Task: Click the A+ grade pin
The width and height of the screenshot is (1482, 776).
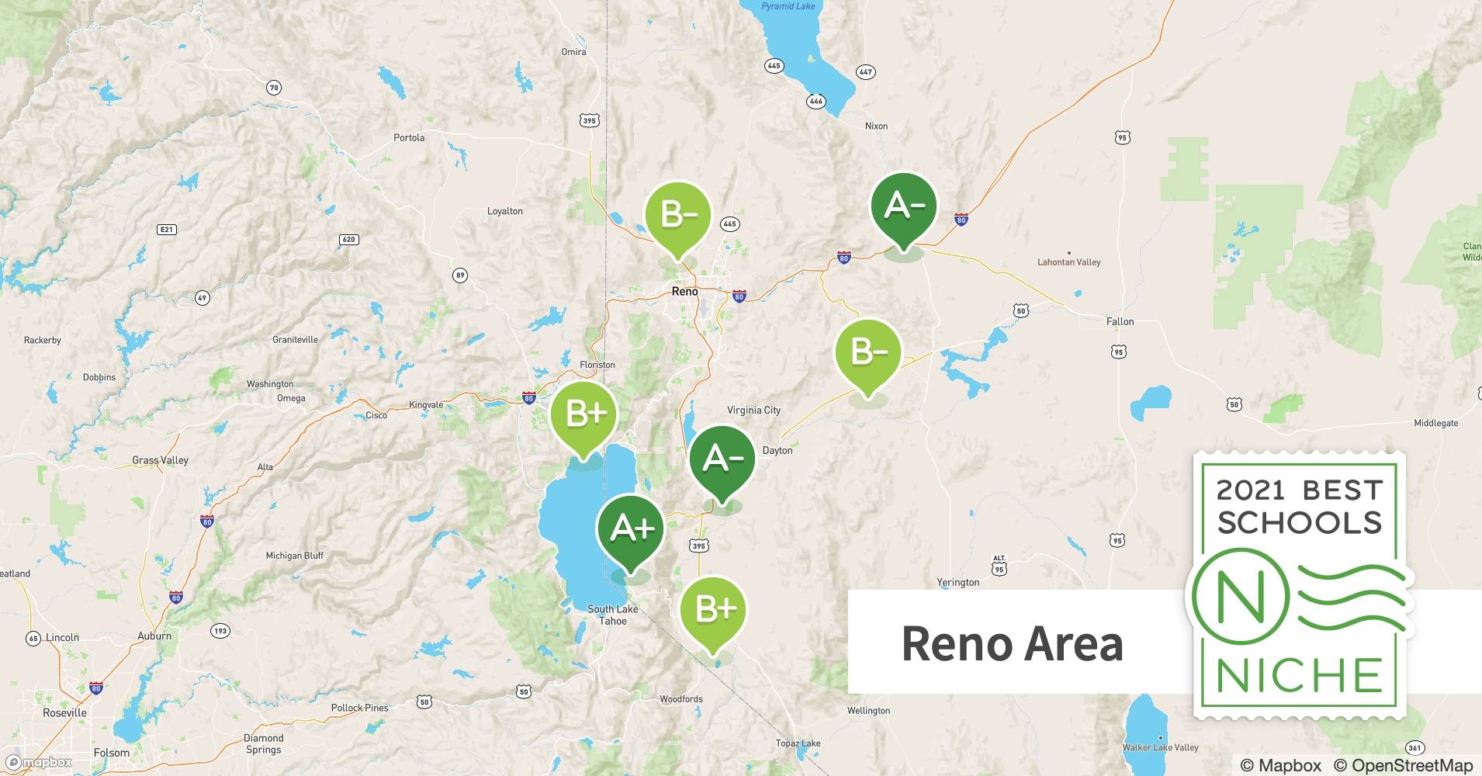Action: (x=631, y=529)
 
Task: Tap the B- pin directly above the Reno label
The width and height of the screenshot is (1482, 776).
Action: (x=677, y=214)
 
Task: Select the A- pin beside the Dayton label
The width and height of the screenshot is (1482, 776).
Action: (x=722, y=459)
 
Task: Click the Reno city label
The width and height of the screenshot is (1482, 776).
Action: (x=684, y=292)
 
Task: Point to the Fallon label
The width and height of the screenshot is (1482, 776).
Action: (x=1120, y=321)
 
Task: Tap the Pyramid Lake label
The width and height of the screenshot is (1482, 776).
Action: (x=788, y=6)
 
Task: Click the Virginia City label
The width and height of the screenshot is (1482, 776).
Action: (x=753, y=410)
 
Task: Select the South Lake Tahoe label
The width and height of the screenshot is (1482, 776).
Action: (x=613, y=615)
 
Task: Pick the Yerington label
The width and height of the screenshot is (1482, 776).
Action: (x=957, y=582)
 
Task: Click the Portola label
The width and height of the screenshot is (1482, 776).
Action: (x=409, y=137)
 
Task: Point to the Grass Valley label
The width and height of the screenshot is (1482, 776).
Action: (x=160, y=460)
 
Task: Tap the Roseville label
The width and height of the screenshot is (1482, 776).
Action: (x=65, y=712)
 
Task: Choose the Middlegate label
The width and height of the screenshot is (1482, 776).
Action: (x=1435, y=423)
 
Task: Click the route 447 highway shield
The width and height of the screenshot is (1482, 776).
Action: (x=865, y=71)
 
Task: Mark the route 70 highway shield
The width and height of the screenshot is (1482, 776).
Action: (x=274, y=88)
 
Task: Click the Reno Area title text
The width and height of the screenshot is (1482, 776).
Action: (x=1012, y=643)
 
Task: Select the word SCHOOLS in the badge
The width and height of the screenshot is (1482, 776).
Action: (x=1300, y=522)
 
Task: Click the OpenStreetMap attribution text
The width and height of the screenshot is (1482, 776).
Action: (x=1403, y=765)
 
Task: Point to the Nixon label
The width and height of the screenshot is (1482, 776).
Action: (x=876, y=126)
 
